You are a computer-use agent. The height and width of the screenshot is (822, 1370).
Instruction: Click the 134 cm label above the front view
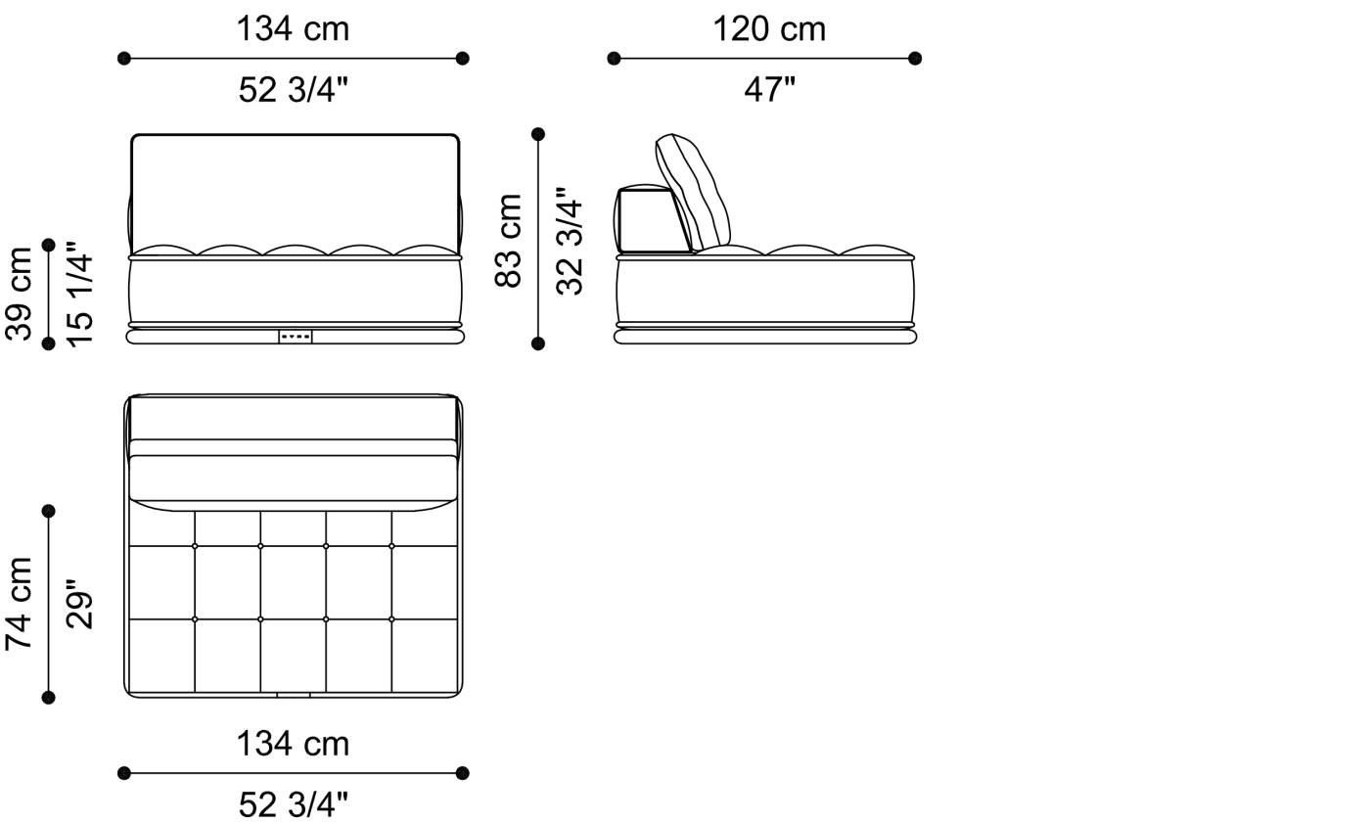point(293,28)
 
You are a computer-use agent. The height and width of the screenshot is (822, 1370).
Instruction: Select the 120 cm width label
point(768,28)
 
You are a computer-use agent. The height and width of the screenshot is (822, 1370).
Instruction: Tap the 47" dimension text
point(769,89)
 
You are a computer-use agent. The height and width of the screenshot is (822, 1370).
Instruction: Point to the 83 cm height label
point(509,240)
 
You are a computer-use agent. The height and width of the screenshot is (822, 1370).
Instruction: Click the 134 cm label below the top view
point(293,744)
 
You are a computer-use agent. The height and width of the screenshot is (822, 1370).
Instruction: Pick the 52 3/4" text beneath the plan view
point(293,804)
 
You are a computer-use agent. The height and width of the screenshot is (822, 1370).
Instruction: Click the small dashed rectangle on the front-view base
point(295,337)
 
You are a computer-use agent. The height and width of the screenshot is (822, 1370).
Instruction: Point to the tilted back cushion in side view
point(693,191)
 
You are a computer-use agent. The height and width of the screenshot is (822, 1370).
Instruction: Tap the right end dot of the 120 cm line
point(915,59)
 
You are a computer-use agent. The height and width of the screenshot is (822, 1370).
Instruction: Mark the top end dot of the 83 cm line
point(537,134)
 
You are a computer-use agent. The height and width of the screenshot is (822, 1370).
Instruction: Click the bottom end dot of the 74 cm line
point(49,697)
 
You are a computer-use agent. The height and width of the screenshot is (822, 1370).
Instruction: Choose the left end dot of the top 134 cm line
point(123,59)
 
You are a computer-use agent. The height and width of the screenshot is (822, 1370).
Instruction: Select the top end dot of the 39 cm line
point(49,245)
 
